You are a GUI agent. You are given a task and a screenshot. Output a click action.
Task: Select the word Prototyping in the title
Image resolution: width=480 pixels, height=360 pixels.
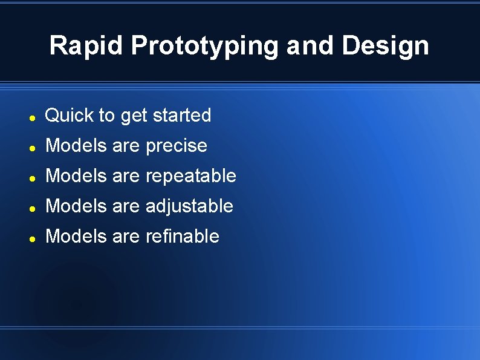[205, 46]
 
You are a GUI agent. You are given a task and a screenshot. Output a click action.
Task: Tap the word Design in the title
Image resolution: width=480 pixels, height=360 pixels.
[386, 46]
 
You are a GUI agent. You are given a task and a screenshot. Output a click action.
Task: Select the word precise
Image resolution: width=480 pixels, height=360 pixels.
[177, 146]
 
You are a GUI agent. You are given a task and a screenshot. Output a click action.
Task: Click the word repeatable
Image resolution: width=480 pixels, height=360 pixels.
[191, 176]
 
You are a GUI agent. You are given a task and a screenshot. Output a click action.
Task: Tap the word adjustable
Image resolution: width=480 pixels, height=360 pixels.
[189, 206]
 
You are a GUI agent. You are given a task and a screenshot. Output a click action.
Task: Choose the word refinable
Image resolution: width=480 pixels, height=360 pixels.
[183, 236]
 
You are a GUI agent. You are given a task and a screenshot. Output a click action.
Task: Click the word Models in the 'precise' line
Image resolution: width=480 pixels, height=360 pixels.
[76, 145]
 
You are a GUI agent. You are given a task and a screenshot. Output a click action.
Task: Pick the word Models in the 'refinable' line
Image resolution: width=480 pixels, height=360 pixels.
[76, 236]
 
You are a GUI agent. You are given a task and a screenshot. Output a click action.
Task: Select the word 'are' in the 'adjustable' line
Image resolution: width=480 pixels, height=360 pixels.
[126, 206]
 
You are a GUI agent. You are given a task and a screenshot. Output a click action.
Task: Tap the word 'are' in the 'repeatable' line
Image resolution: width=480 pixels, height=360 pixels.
[126, 176]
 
